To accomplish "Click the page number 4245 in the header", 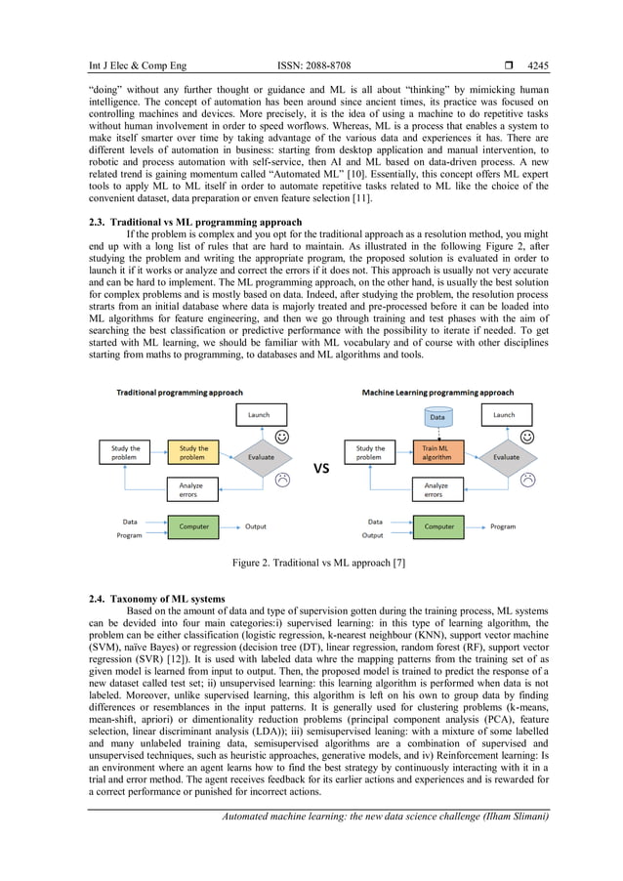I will (x=537, y=66).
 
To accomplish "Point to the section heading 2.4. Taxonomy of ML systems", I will (x=156, y=598).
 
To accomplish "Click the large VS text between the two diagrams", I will (x=321, y=469).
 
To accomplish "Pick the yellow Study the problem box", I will (x=193, y=453).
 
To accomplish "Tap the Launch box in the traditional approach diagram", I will (x=259, y=415).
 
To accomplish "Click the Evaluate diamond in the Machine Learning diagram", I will (x=506, y=456).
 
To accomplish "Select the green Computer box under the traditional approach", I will (x=193, y=527).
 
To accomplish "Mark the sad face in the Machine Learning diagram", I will (x=528, y=479).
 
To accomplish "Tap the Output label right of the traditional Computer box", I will (x=256, y=527).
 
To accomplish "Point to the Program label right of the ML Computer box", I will (x=503, y=527).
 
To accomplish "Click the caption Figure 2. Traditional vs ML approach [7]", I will (x=311, y=564).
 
